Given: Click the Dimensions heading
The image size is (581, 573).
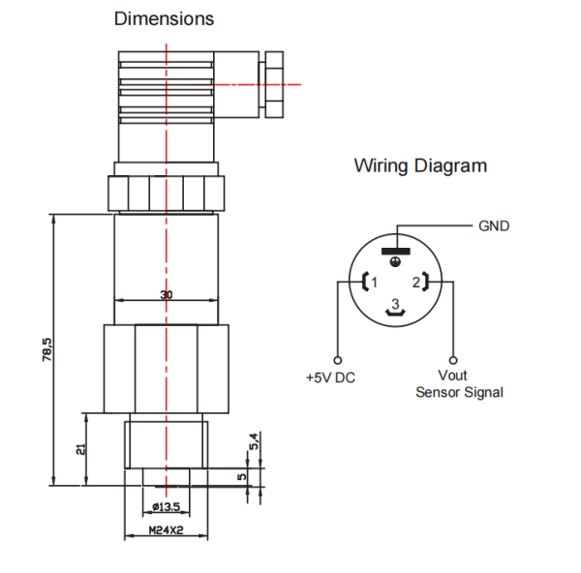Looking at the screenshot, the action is (x=164, y=18).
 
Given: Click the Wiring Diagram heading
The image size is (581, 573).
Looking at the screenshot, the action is (x=420, y=166).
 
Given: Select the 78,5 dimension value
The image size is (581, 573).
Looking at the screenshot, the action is (x=47, y=349).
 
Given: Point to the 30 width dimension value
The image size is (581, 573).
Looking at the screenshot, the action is (x=167, y=295).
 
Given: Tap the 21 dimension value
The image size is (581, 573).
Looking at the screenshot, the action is (x=80, y=449).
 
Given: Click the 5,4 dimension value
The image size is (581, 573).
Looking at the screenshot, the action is (x=254, y=441).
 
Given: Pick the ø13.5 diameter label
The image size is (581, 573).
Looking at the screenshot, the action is (x=167, y=506).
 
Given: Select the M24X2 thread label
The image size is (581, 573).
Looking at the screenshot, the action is (x=166, y=530).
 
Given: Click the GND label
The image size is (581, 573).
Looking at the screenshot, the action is (x=494, y=226).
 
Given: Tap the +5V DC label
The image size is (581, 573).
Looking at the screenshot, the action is (x=330, y=377).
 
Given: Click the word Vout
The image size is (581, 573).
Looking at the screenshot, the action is (x=452, y=376).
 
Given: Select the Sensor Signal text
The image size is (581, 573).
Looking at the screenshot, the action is (x=459, y=392).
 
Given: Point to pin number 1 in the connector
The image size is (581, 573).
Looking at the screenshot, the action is (x=374, y=283).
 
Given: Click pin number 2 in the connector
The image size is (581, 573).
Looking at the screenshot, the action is (x=416, y=283).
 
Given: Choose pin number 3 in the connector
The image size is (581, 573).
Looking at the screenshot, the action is (x=395, y=304).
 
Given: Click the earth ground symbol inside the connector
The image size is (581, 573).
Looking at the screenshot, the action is (x=396, y=262).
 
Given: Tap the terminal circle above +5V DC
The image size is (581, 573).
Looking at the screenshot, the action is (x=338, y=360).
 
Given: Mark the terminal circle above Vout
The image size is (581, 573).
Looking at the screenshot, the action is (x=453, y=360).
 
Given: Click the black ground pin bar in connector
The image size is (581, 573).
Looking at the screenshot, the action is (x=396, y=252).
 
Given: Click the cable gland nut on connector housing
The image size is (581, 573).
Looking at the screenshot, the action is (x=274, y=85).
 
